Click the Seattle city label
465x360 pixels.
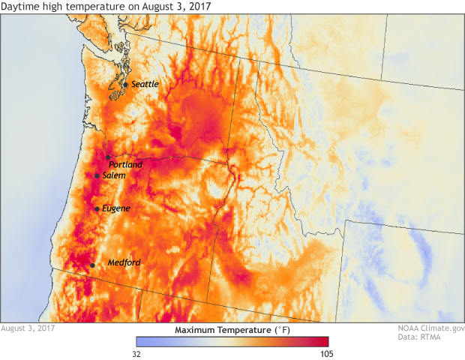click(145, 85)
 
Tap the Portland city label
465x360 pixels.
click(125, 164)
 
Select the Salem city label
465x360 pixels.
click(114, 175)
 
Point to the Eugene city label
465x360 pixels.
click(116, 208)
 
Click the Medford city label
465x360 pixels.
click(124, 263)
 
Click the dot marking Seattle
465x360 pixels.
click(125, 84)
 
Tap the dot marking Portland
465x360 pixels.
click(109, 157)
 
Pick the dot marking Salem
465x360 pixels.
click(97, 175)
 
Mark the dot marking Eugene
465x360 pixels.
click(97, 208)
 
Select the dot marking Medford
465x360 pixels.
click(92, 265)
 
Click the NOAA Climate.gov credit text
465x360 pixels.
click(431, 328)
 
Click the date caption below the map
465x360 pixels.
click(28, 328)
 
